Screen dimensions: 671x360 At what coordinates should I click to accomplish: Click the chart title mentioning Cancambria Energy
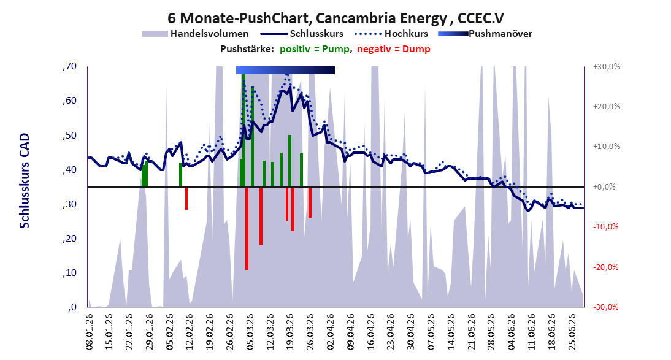coord(336,18)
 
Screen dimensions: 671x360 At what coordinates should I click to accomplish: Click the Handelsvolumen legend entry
coord(196,33)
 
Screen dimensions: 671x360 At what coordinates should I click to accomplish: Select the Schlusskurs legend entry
coord(302,33)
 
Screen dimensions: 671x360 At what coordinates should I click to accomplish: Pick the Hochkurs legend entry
coord(391,33)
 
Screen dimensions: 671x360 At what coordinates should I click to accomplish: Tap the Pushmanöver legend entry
coord(485,33)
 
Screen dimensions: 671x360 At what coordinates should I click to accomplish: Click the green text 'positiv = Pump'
coord(315,49)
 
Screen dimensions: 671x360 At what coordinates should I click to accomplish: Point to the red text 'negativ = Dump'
coord(394,49)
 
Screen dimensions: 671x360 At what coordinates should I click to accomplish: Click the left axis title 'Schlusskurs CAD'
coord(25,181)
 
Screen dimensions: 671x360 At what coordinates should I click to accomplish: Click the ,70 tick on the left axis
coord(69,66)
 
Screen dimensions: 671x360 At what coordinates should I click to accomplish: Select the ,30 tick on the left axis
coord(69,204)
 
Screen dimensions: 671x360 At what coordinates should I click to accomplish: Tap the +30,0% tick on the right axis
coord(607,67)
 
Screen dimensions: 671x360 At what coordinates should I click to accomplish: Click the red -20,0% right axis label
coord(607,267)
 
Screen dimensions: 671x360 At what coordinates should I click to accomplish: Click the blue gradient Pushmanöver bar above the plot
coord(285,70)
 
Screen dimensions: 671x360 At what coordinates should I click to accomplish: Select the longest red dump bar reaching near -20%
coord(247,228)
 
